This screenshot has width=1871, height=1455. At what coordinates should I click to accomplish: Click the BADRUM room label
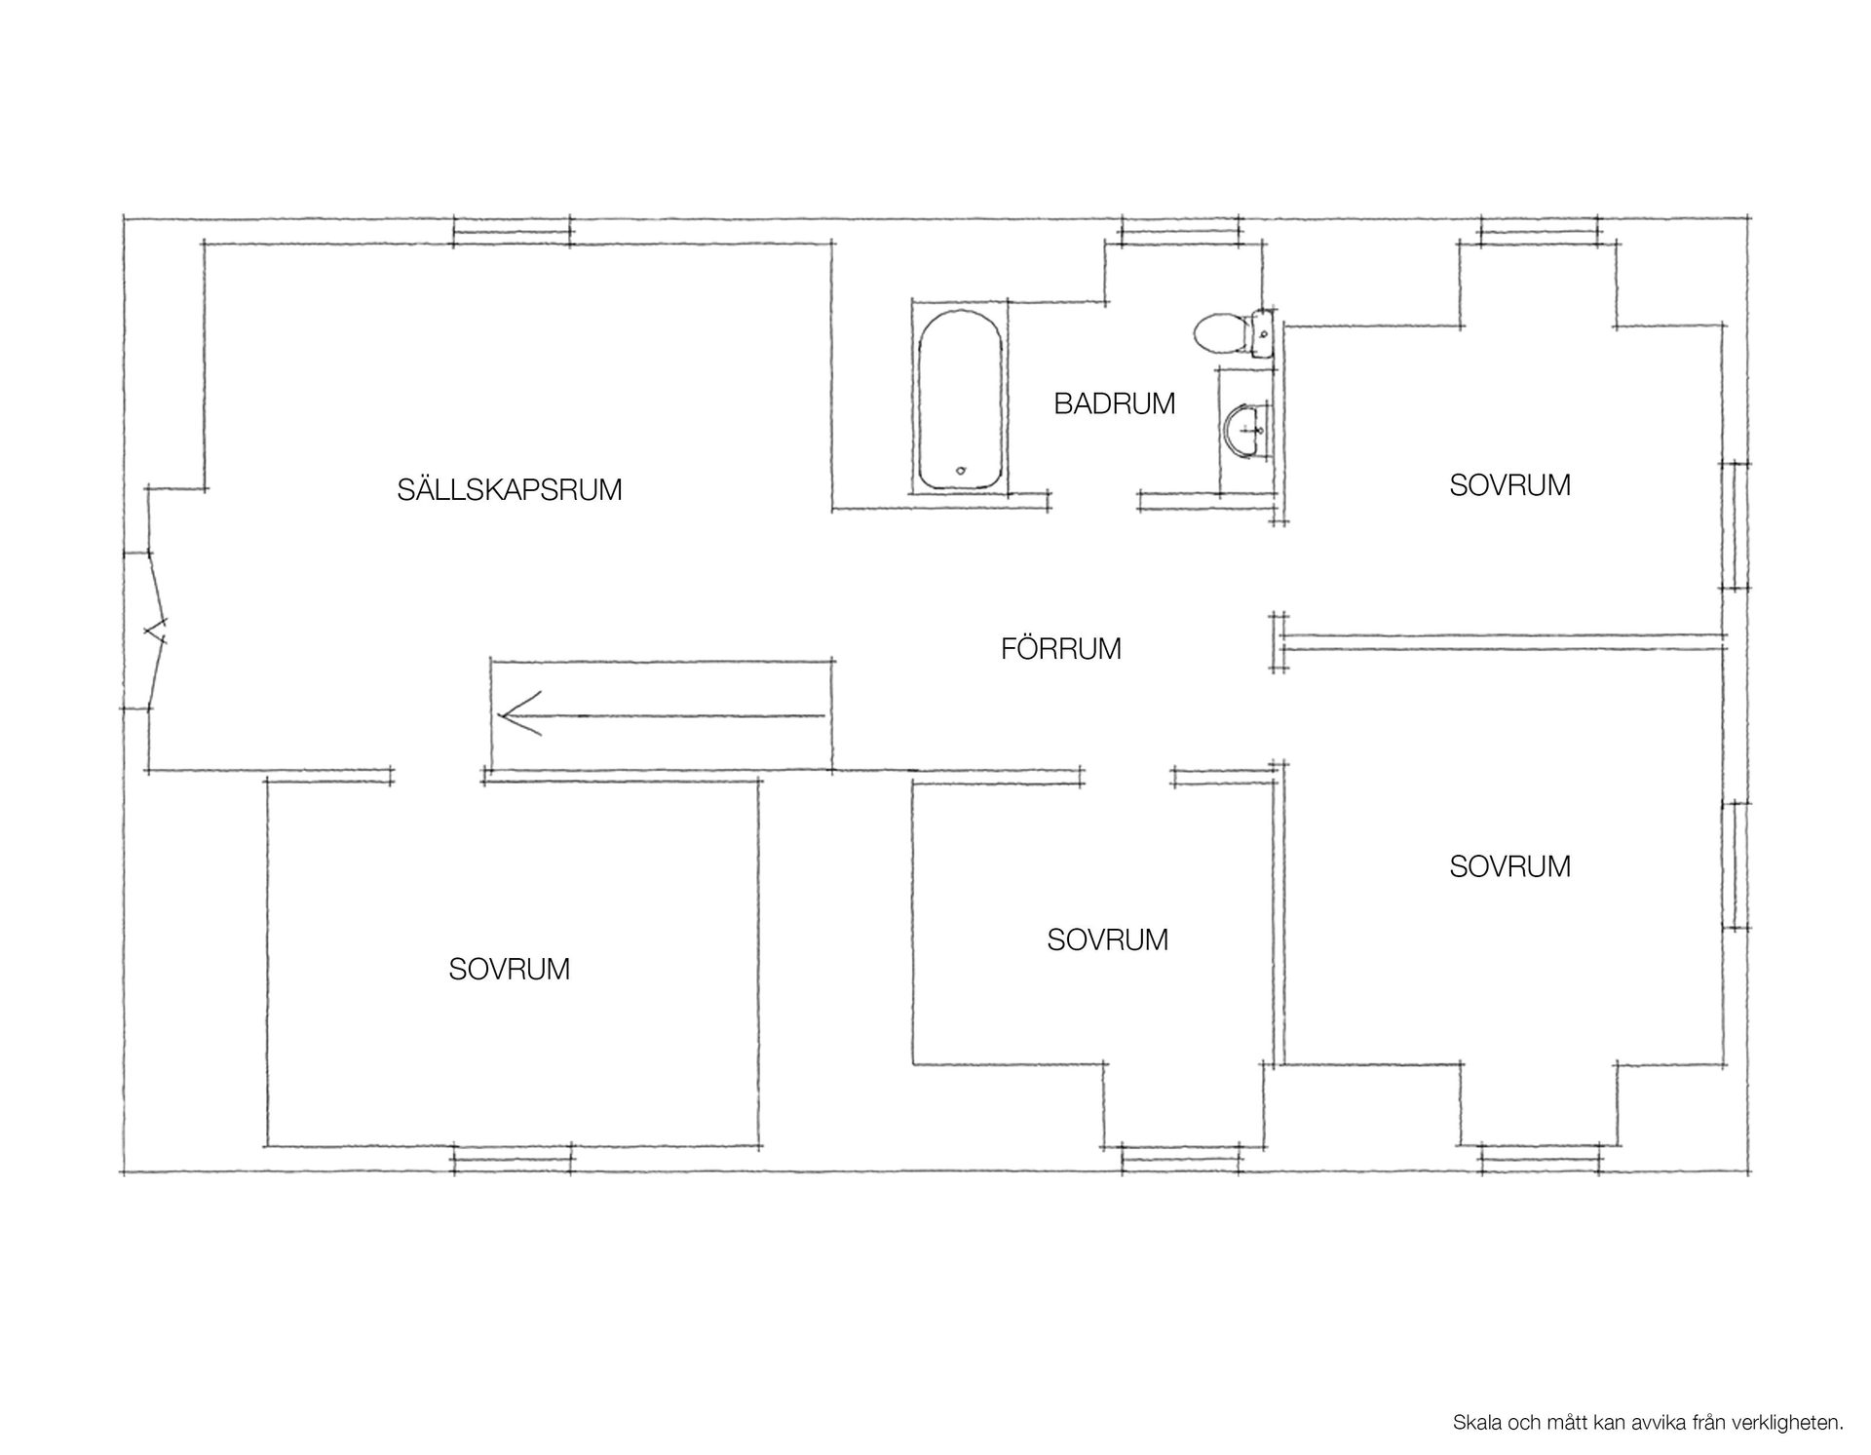pyautogui.click(x=1114, y=403)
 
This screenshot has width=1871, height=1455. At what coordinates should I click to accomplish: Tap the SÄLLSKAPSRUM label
pyautogui.click(x=510, y=489)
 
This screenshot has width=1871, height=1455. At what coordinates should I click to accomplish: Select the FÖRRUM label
pyautogui.click(x=1061, y=648)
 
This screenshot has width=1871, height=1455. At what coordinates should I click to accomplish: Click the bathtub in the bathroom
pyautogui.click(x=961, y=399)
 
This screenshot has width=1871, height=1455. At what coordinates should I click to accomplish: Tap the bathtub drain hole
pyautogui.click(x=961, y=472)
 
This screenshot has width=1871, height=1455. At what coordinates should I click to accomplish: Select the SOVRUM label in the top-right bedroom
pyautogui.click(x=1509, y=485)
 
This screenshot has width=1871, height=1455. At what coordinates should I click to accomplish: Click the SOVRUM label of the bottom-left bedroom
pyautogui.click(x=510, y=970)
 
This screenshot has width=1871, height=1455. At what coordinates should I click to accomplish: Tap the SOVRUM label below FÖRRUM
pyautogui.click(x=1107, y=939)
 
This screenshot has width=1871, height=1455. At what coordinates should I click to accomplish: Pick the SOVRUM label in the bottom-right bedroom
pyautogui.click(x=1509, y=866)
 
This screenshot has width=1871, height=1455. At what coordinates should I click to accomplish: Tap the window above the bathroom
pyautogui.click(x=1180, y=231)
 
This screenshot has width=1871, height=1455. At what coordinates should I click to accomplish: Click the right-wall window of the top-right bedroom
pyautogui.click(x=1735, y=525)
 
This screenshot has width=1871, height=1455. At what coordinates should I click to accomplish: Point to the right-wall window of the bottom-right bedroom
pyautogui.click(x=1735, y=865)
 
